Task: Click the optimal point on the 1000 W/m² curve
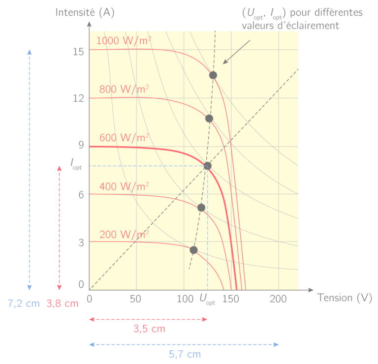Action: tap(213, 75)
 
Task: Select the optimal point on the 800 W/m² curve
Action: tap(209, 119)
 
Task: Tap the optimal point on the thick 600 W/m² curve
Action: tap(207, 166)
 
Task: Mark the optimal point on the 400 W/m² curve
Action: tap(201, 208)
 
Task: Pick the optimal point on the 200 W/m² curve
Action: tap(193, 250)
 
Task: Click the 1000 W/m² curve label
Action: tap(124, 40)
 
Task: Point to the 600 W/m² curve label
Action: tap(124, 138)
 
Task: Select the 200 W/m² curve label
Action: tap(124, 235)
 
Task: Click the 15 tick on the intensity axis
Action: tap(78, 52)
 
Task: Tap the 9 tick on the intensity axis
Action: tap(81, 145)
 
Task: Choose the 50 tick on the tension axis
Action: tap(135, 299)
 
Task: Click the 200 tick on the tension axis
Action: tap(278, 299)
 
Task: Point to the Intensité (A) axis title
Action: tap(85, 12)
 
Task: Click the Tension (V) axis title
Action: tap(345, 298)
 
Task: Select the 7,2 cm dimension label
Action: tap(24, 303)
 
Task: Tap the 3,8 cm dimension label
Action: tap(63, 303)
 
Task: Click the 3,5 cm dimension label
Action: tap(149, 329)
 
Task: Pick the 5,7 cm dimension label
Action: tap(185, 354)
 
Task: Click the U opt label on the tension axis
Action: tap(207, 299)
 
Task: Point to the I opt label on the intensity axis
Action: tap(76, 164)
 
